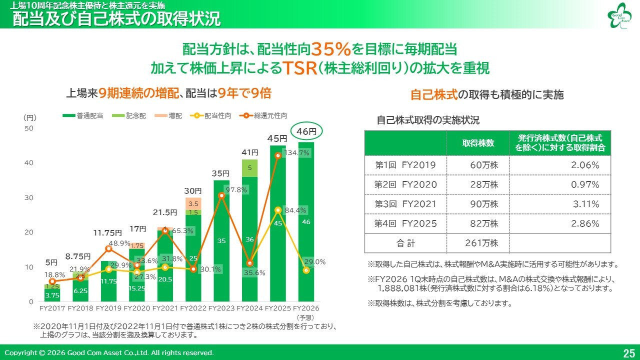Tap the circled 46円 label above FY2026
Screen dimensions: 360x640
point(306,132)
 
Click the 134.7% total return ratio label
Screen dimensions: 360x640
point(296,153)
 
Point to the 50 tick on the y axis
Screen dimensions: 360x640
point(28,128)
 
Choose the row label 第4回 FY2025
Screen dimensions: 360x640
point(405,223)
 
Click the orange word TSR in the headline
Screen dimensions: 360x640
point(297,68)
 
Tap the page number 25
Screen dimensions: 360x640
point(629,353)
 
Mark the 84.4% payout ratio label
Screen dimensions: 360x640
point(296,210)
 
